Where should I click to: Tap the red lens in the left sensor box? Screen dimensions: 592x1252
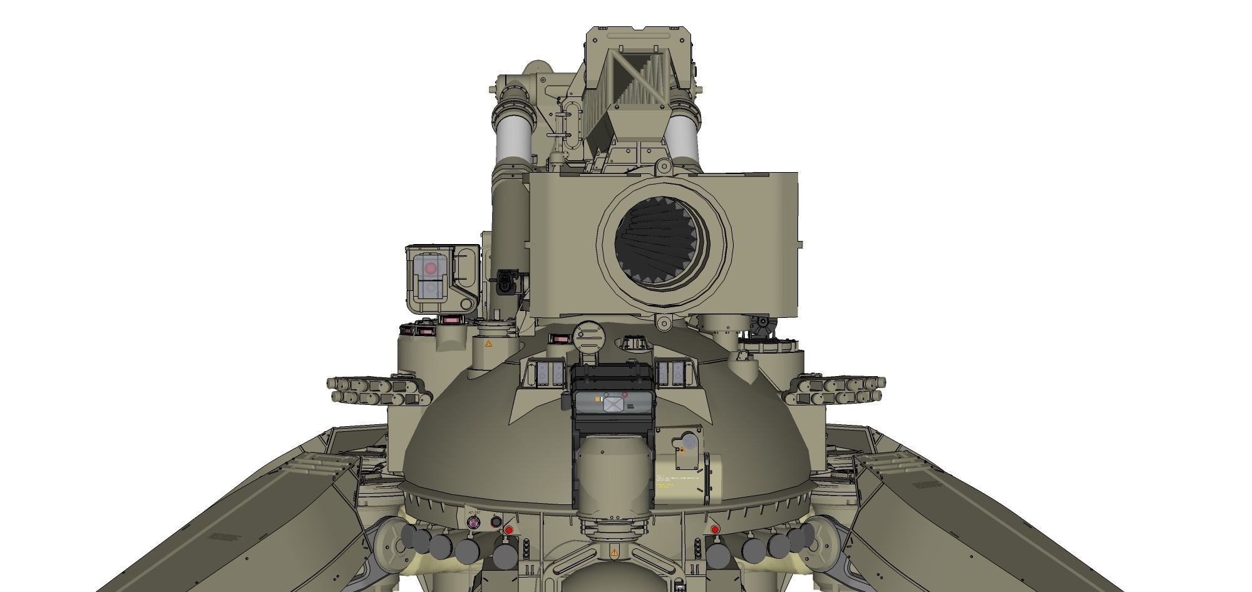[430, 268]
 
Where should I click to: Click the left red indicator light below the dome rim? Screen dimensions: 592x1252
[509, 530]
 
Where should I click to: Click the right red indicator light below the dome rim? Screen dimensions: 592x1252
[715, 530]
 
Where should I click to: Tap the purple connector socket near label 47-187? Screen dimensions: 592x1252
[474, 523]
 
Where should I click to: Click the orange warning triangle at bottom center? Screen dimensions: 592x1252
[614, 553]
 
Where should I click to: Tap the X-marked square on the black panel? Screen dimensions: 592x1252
[613, 404]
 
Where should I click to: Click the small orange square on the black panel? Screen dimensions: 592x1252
[599, 397]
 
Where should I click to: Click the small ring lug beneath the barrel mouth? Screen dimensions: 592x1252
[663, 322]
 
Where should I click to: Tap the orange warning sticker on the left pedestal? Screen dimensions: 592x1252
[486, 345]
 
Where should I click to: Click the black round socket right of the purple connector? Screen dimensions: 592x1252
[495, 521]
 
